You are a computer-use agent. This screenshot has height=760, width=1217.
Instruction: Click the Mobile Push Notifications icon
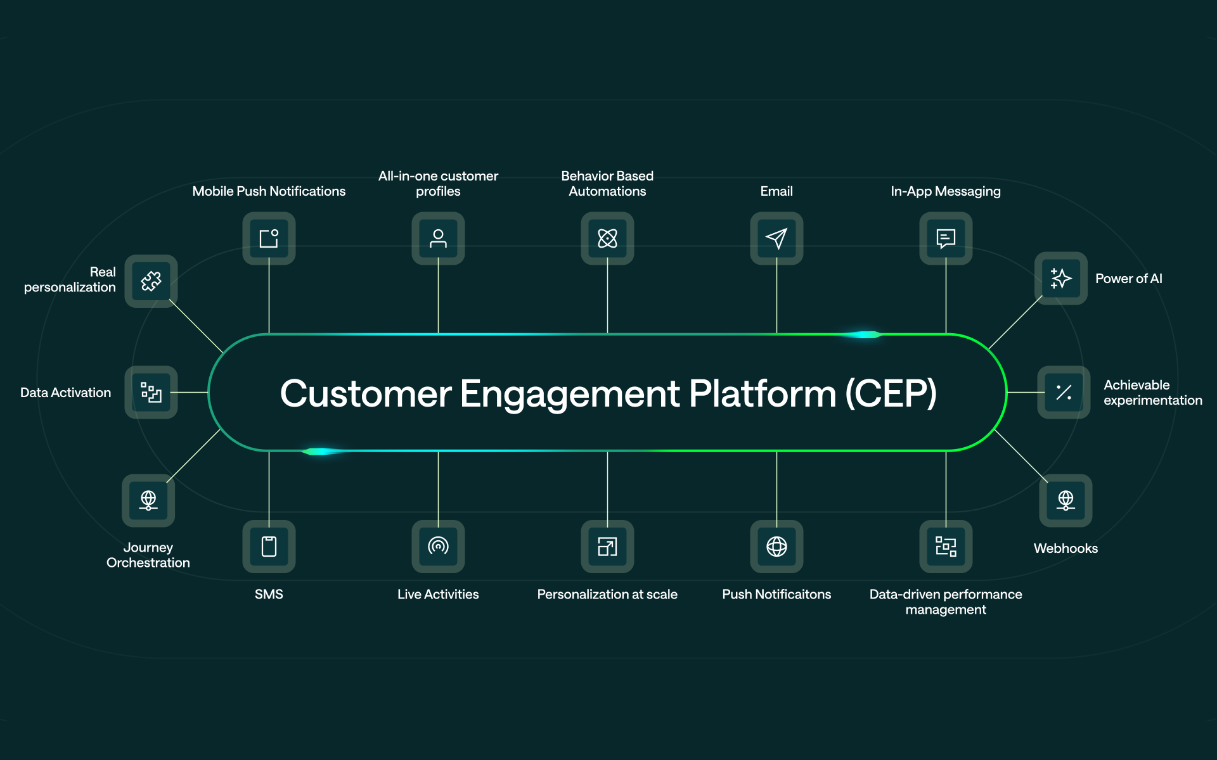pyautogui.click(x=269, y=238)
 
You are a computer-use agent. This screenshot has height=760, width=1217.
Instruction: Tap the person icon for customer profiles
pyautogui.click(x=438, y=238)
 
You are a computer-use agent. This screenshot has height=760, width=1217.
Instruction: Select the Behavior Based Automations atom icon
pyautogui.click(x=607, y=238)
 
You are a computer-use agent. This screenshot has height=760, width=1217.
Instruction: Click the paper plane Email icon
pyautogui.click(x=776, y=238)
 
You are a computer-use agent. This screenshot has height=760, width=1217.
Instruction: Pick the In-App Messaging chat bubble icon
pyautogui.click(x=946, y=238)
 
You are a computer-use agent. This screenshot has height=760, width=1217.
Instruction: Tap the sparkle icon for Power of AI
pyautogui.click(x=1060, y=279)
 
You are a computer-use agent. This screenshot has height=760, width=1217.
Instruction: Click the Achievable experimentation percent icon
pyautogui.click(x=1064, y=392)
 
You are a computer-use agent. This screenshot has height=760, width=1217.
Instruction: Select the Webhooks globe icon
pyautogui.click(x=1066, y=500)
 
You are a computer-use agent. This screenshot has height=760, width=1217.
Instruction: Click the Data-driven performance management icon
pyautogui.click(x=946, y=546)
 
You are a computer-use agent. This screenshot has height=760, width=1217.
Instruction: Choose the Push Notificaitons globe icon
pyautogui.click(x=776, y=546)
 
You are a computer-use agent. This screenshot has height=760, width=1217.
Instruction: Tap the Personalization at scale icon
pyautogui.click(x=607, y=546)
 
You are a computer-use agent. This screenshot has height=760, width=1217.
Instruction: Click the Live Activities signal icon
pyautogui.click(x=438, y=546)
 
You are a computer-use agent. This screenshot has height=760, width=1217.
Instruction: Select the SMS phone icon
pyautogui.click(x=269, y=546)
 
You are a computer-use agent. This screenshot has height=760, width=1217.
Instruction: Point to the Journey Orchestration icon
pyautogui.click(x=148, y=500)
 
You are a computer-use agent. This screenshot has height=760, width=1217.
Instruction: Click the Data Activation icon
pyautogui.click(x=151, y=392)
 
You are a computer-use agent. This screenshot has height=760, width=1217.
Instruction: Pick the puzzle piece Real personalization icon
pyautogui.click(x=151, y=281)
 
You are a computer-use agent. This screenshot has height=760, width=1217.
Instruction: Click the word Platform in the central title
pyautogui.click(x=763, y=393)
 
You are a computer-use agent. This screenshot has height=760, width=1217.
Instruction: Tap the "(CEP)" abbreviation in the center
pyautogui.click(x=891, y=393)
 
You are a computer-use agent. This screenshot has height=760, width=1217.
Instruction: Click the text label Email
pyautogui.click(x=776, y=191)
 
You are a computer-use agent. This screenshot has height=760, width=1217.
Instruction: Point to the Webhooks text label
pyautogui.click(x=1066, y=548)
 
